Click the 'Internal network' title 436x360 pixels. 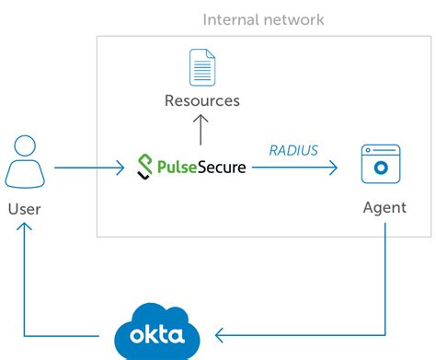pos(263,19)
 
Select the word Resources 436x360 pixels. pos(201,100)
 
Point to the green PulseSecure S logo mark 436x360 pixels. pos(144,168)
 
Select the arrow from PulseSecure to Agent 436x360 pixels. pos(294,168)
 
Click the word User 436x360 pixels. pos(25,209)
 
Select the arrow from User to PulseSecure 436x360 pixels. pos(89,168)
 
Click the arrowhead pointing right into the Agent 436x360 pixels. pos(333,168)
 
